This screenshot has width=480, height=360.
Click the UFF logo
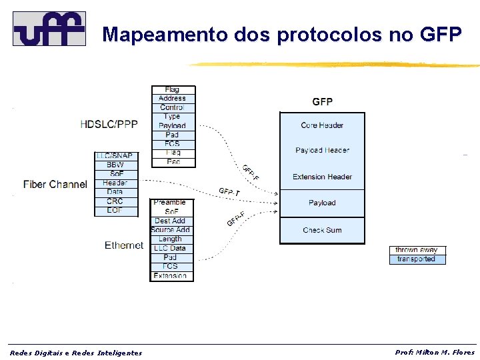click(x=49, y=29)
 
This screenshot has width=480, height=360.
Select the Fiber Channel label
click(x=55, y=184)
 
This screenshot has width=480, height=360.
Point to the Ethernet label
click(x=124, y=245)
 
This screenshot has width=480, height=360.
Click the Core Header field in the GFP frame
click(x=322, y=125)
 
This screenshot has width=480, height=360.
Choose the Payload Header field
click(x=322, y=151)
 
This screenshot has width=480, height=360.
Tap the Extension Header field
click(x=322, y=177)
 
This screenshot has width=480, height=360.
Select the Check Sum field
click(x=322, y=230)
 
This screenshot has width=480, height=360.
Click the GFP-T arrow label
click(x=229, y=192)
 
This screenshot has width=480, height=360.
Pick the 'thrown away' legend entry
click(x=416, y=250)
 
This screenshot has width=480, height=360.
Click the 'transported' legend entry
click(x=416, y=259)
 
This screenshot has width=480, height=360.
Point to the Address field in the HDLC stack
click(x=172, y=99)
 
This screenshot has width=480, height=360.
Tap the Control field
click(x=172, y=107)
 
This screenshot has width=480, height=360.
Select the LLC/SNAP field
click(x=115, y=156)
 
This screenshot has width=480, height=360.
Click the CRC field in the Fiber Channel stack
click(x=115, y=201)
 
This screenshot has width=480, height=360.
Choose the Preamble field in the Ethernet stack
click(x=170, y=203)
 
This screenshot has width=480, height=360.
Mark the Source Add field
click(x=170, y=230)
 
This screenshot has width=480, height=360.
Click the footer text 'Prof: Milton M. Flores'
click(x=435, y=352)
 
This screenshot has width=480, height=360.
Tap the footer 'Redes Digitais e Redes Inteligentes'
click(x=76, y=353)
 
